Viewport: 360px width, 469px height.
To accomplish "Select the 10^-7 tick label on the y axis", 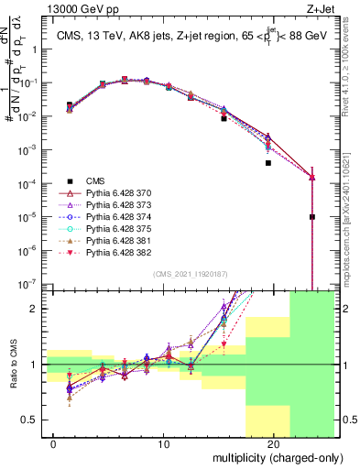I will click(x=31, y=285).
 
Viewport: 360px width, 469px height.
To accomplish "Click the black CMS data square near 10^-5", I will click(x=312, y=217).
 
